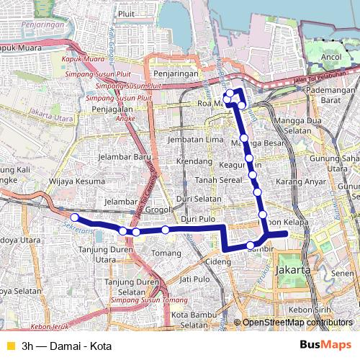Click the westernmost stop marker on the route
[74, 217]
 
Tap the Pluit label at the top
[126, 13]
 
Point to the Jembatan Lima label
[190, 139]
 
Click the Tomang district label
[168, 253]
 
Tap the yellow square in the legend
[9, 346]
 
